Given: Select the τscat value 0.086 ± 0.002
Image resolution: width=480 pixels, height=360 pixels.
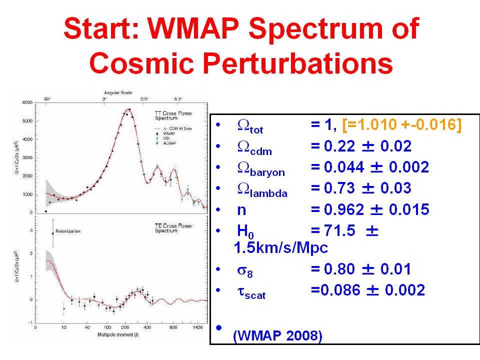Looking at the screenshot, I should [367, 290].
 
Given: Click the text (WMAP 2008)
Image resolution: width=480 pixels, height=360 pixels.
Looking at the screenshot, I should [277, 336].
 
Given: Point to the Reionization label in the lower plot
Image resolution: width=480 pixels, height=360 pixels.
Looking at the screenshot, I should [68, 231].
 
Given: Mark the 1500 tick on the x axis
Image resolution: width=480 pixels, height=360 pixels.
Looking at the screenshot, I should [202, 327].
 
